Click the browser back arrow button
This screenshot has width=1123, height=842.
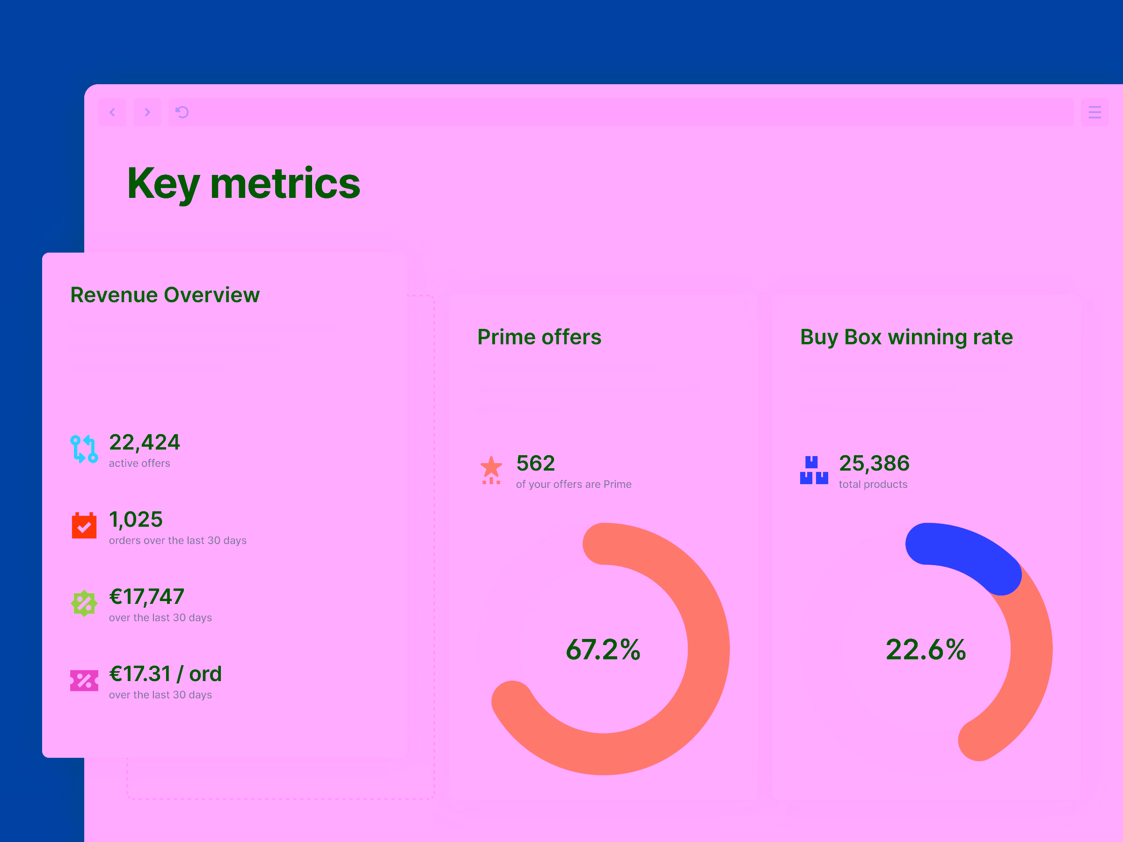(112, 112)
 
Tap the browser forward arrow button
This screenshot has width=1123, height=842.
(147, 112)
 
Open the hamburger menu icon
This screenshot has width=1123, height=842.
(1094, 112)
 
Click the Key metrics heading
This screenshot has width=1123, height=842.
(243, 183)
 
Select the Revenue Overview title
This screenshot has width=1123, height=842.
(165, 295)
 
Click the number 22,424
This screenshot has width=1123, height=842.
(145, 442)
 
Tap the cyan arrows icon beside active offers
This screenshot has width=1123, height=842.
(84, 449)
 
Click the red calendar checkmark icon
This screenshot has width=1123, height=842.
(84, 525)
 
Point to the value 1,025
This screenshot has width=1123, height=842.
(136, 519)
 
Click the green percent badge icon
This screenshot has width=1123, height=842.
(84, 603)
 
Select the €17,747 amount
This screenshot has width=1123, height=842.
(147, 597)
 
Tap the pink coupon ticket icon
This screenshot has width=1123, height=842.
(84, 681)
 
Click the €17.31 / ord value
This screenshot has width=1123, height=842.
(166, 674)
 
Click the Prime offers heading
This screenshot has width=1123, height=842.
(539, 337)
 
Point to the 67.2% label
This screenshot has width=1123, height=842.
(603, 650)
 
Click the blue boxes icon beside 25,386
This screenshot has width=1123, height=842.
(814, 470)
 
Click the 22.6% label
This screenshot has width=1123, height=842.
(926, 650)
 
